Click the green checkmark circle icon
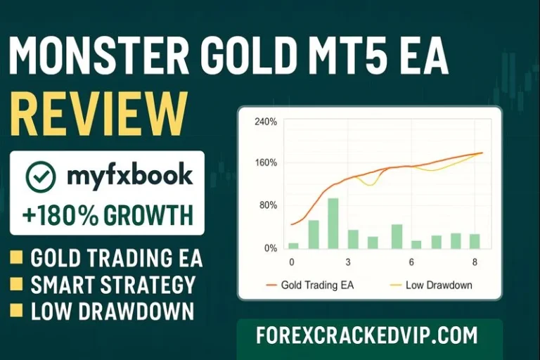coord(40,176)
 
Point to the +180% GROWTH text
coord(107,213)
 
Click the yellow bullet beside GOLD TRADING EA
coord(15,259)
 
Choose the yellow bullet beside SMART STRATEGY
coord(15,285)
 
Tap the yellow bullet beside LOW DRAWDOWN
coord(15,311)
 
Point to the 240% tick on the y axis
coord(266,122)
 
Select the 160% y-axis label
coord(266,163)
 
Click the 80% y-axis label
coord(268,205)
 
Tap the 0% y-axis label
coord(270,248)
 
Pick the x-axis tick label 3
coord(348,262)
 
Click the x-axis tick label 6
coord(411,262)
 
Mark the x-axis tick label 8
coord(476,262)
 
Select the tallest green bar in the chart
coord(333,223)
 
